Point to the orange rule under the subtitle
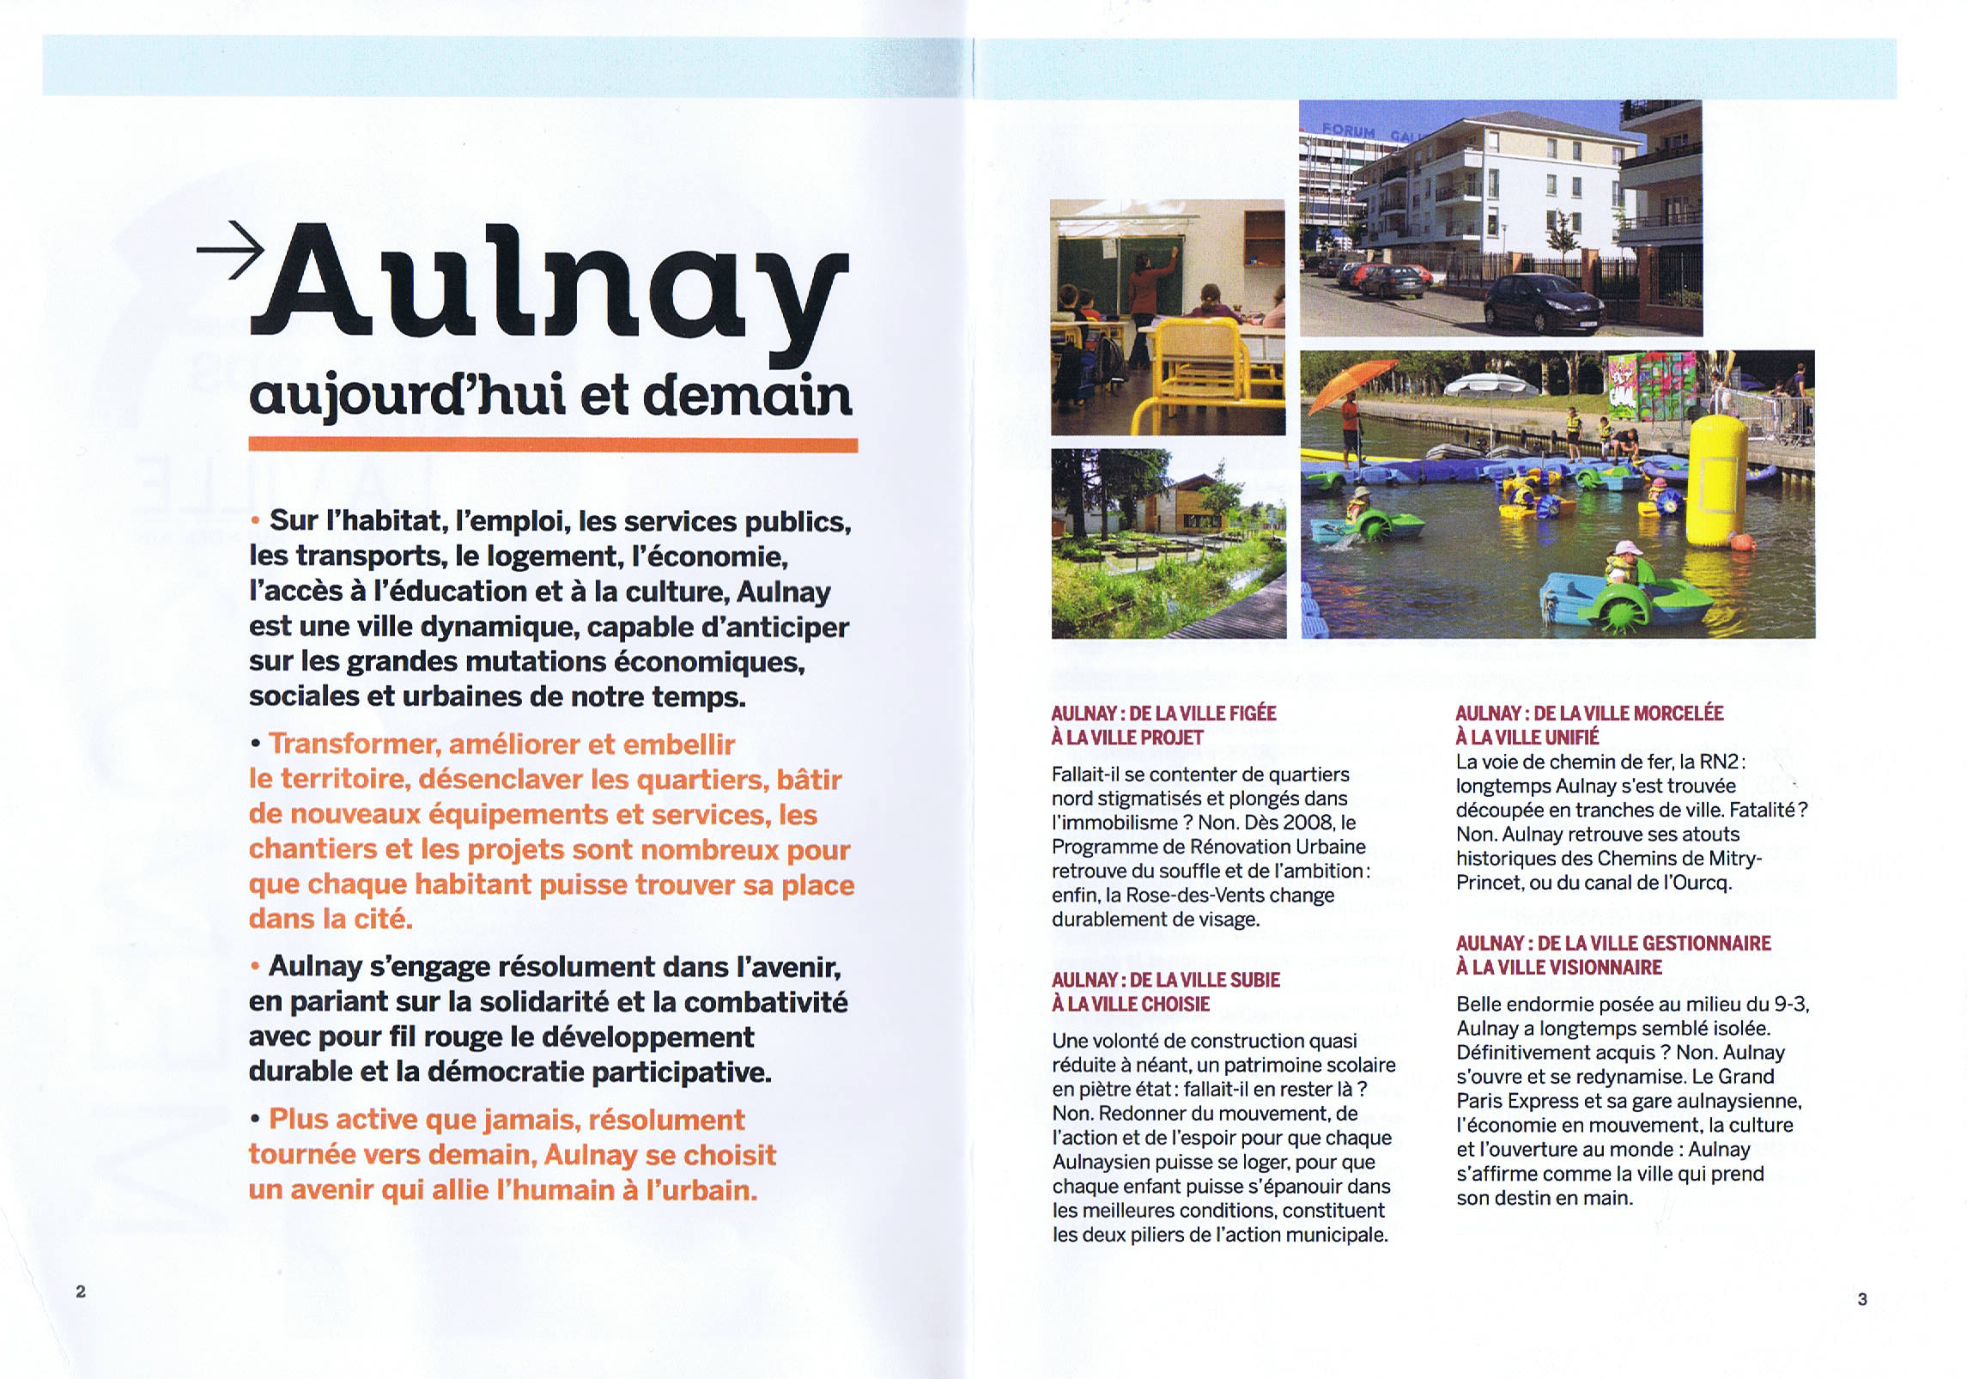[x=553, y=445]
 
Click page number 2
[x=81, y=1291]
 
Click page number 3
[x=1862, y=1299]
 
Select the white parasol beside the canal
[x=1485, y=386]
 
